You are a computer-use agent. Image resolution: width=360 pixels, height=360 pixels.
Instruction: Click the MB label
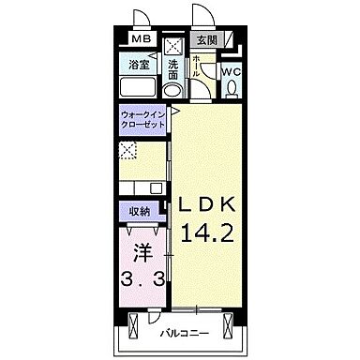(141, 39)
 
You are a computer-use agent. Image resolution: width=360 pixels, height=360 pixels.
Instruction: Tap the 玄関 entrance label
(206, 39)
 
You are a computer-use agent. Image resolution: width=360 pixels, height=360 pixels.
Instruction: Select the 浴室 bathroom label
(140, 65)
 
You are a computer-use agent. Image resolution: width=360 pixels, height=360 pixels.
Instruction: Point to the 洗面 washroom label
(173, 70)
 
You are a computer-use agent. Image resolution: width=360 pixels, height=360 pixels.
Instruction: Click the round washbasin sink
(172, 90)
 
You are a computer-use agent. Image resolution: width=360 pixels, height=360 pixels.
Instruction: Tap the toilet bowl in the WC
(232, 88)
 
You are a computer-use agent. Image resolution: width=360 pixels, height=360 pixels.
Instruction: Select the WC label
(232, 72)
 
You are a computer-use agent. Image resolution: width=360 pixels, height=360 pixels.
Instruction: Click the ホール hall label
(196, 67)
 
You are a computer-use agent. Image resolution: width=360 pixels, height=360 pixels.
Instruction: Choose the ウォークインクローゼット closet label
(142, 120)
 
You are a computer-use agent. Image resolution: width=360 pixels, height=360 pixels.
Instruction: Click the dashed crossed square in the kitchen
(128, 150)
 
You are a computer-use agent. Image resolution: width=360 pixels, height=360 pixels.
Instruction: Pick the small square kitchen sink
(156, 188)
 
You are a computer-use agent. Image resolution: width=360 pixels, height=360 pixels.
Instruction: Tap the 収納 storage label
(140, 212)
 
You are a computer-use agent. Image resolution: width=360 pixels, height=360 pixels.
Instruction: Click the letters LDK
(206, 204)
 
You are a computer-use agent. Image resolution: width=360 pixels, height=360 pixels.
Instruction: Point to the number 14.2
(207, 233)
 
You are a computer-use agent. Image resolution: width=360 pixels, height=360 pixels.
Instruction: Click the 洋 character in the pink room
(143, 253)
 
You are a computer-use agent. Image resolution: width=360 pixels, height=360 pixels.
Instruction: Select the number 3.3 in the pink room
(142, 278)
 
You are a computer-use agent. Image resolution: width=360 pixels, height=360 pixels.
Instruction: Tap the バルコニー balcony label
(185, 334)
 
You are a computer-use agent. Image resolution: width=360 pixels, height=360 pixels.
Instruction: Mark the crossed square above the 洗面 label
(172, 46)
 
